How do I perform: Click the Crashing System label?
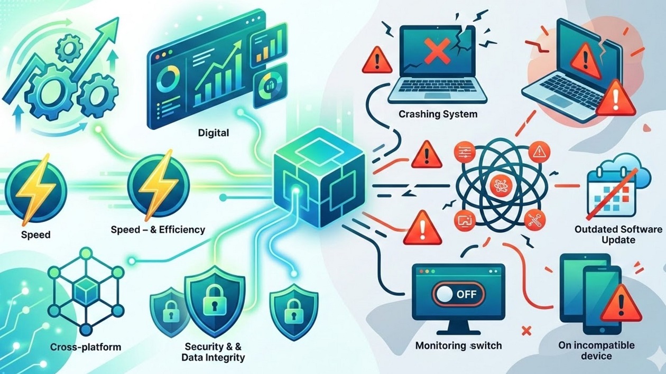[438, 114]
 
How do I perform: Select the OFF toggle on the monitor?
[458, 294]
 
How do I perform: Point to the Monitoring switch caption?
[458, 346]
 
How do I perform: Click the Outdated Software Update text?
[618, 235]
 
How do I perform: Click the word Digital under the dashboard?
[214, 133]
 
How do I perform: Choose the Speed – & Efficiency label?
[158, 230]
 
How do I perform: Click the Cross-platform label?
[86, 347]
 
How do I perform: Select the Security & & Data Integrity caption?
[213, 352]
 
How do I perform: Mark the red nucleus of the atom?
[498, 185]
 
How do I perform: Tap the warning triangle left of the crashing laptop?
[377, 61]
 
